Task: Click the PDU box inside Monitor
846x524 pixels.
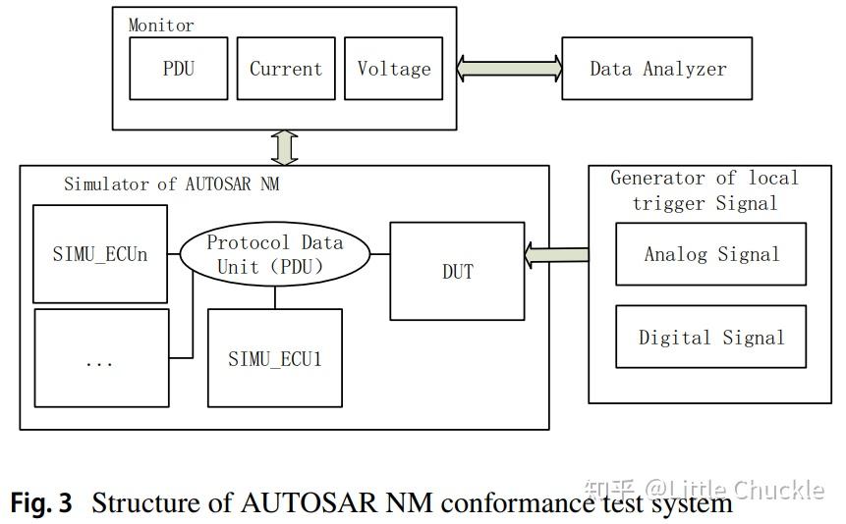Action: click(178, 69)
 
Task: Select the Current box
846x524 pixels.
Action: click(285, 69)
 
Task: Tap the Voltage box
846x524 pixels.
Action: click(393, 69)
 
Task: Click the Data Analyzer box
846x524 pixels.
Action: click(657, 69)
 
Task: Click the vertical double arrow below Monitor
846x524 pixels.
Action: click(286, 147)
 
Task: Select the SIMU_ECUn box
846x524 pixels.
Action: click(100, 253)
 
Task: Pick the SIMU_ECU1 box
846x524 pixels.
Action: click(275, 358)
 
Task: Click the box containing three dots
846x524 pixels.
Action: click(100, 358)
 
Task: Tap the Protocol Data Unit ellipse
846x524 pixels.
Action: click(275, 253)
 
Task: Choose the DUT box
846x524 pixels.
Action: click(457, 271)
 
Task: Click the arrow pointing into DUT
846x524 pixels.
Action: click(556, 255)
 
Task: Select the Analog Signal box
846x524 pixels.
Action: click(710, 254)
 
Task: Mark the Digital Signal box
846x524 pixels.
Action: click(710, 338)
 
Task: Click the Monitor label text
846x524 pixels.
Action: click(161, 25)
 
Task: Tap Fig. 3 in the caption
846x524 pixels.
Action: click(41, 504)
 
